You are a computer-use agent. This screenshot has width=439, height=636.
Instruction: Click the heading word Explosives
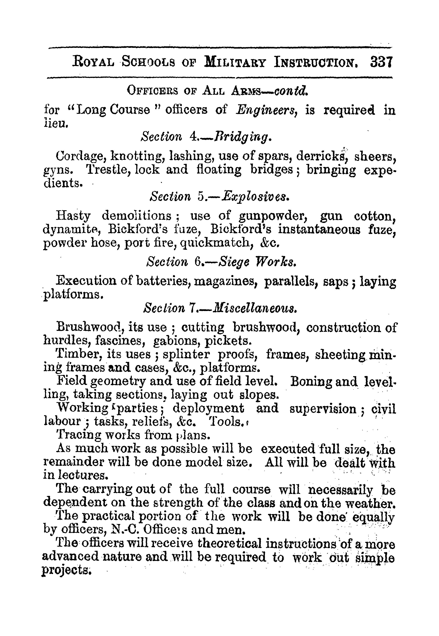pos(255,197)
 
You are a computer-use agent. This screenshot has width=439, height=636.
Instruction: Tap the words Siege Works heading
pos(258,262)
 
